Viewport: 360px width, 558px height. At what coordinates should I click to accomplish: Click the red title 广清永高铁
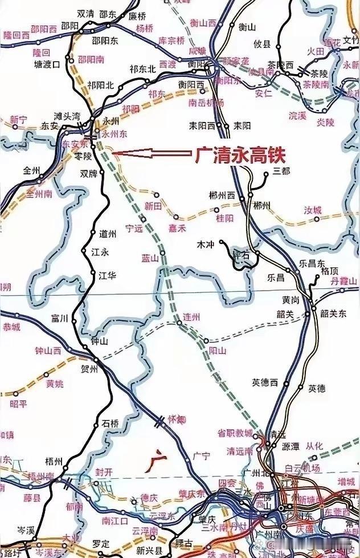(240, 154)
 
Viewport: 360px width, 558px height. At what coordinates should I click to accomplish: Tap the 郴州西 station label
(223, 195)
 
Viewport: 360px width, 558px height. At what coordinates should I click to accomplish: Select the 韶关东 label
(333, 313)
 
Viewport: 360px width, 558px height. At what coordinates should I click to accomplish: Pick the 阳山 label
(218, 350)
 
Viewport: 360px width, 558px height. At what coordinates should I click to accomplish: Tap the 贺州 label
(91, 369)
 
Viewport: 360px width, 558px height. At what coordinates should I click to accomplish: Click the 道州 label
(107, 234)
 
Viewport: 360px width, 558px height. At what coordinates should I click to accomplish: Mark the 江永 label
(91, 251)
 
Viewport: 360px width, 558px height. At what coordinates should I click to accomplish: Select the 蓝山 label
(149, 258)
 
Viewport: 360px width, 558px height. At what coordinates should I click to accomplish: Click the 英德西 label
(264, 382)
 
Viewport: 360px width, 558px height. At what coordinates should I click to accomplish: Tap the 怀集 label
(177, 419)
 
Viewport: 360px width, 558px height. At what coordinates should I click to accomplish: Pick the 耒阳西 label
(202, 125)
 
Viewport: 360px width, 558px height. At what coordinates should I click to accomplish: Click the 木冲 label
(204, 244)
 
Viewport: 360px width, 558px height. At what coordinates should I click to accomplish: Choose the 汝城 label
(313, 210)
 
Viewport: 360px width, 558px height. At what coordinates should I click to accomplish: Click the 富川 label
(59, 318)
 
